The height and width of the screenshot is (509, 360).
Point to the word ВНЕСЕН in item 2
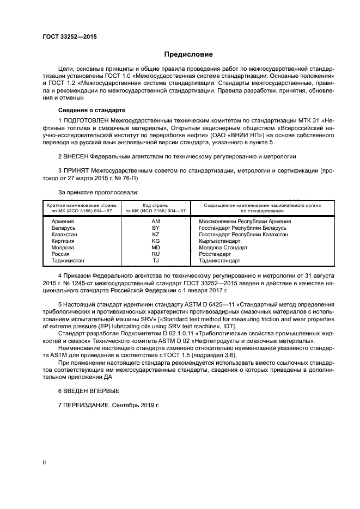(x=78, y=156)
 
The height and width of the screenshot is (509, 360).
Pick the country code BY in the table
(x=156, y=228)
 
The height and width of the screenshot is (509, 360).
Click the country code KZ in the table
(x=156, y=235)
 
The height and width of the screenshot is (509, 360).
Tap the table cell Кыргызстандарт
(x=220, y=241)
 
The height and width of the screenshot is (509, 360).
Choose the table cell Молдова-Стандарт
(x=223, y=248)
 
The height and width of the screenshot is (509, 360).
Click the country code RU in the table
(x=156, y=254)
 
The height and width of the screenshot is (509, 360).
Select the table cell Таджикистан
(x=68, y=261)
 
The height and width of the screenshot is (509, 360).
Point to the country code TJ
(x=156, y=261)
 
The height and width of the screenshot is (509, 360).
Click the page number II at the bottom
(x=45, y=462)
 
